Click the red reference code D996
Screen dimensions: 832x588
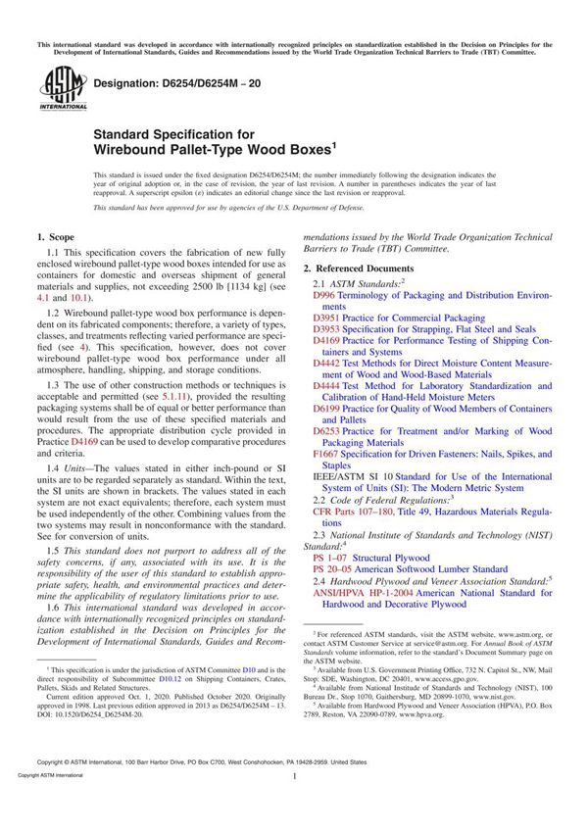[324, 294]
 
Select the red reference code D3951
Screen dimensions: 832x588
[327, 318]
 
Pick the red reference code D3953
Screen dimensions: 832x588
[327, 330]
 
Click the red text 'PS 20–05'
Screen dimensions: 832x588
[333, 568]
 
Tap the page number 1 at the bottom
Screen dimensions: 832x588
[293, 803]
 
